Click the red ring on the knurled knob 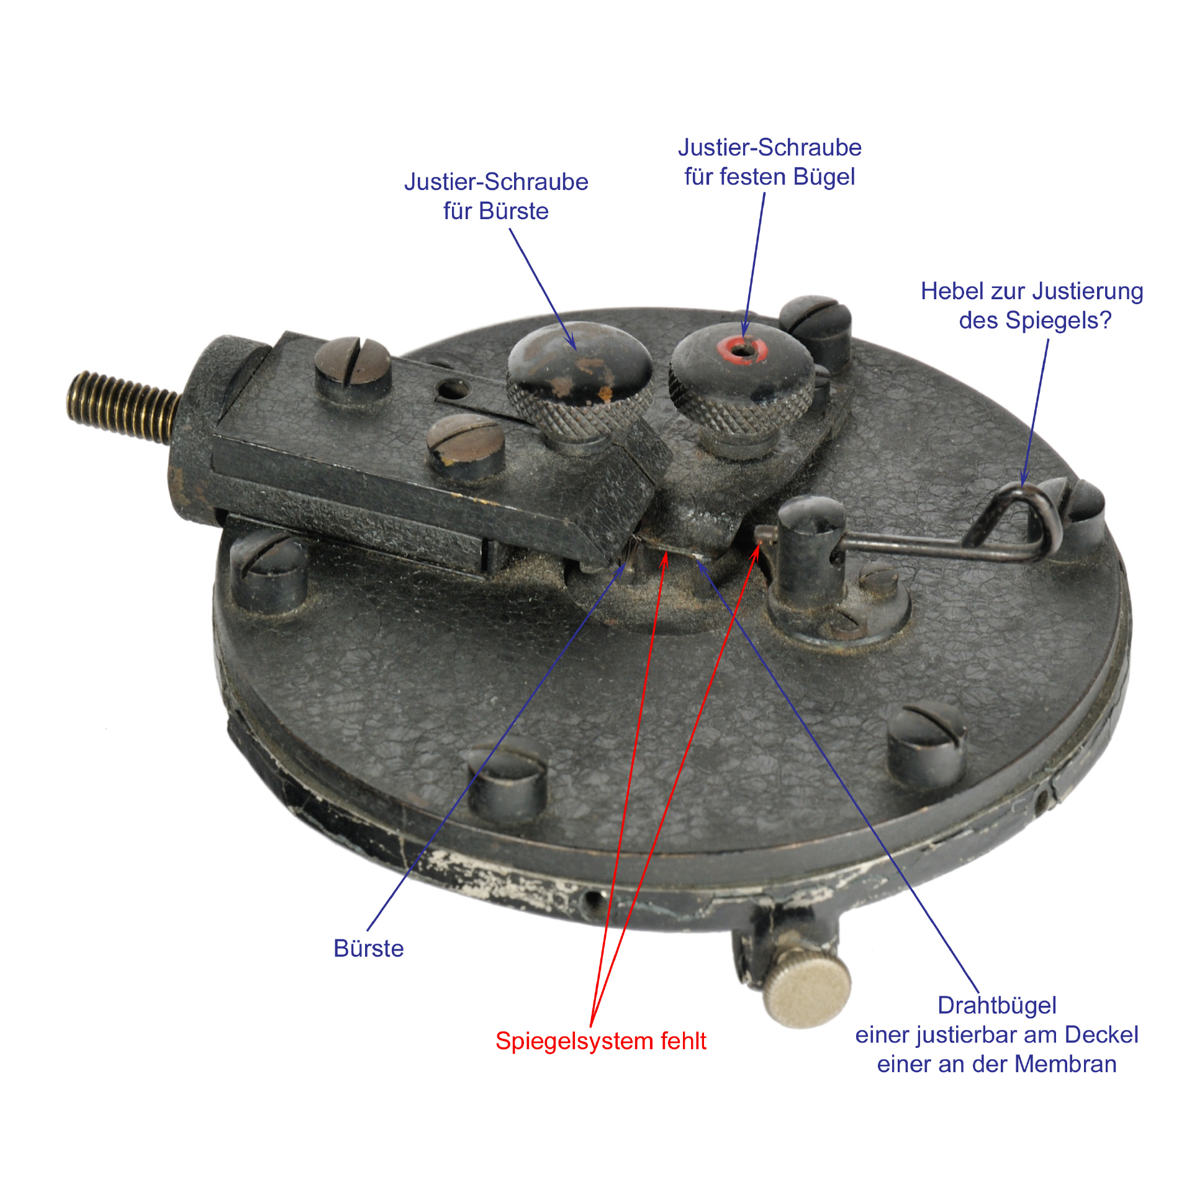[743, 350]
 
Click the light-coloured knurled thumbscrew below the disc [807, 991]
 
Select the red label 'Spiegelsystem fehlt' [600, 1041]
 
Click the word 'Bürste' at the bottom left [368, 948]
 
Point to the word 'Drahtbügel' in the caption [997, 1005]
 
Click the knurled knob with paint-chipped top [580, 379]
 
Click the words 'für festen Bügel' [769, 177]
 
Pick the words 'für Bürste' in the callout [495, 211]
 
